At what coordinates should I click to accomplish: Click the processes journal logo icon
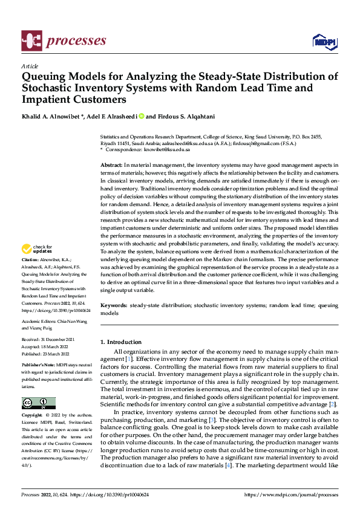[x=30, y=41]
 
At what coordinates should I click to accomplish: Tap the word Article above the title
[x=30, y=66]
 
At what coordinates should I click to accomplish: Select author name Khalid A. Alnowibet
[x=50, y=116]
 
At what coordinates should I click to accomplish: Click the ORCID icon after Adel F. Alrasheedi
[x=142, y=116]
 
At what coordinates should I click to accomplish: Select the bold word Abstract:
[x=112, y=164]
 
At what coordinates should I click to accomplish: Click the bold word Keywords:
[x=114, y=306]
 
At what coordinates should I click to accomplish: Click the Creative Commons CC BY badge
[x=38, y=403]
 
